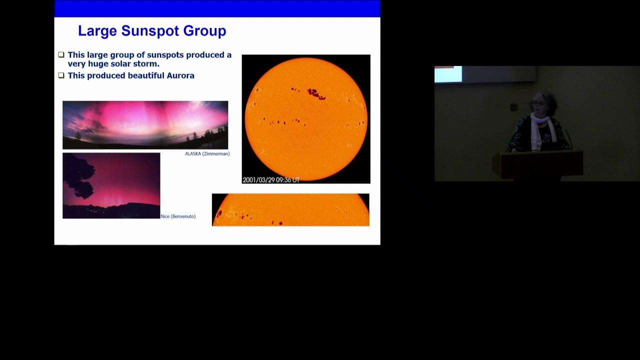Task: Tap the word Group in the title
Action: (204, 31)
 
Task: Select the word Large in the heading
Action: (97, 31)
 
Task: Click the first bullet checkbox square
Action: (61, 54)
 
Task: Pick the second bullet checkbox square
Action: (61, 75)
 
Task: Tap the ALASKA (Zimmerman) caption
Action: (207, 153)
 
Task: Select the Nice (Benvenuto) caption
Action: (178, 216)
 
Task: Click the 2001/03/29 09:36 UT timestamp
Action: (271, 180)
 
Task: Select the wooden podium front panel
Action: (542, 165)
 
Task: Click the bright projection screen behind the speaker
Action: (448, 74)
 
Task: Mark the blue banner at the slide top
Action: (217, 8)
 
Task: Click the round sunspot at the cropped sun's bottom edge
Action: (280, 223)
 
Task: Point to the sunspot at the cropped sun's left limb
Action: (219, 213)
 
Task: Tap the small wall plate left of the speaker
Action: (513, 107)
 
